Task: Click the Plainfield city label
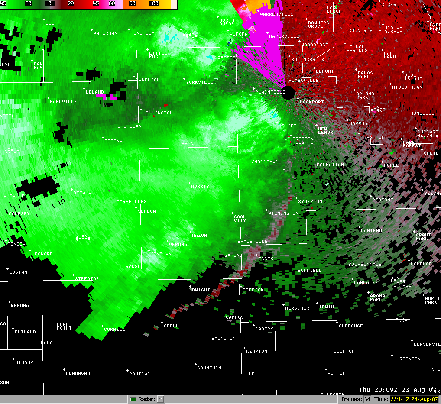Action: pos(270,92)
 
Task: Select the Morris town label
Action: pos(201,187)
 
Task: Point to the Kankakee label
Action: pos(366,283)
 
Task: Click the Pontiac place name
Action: pos(139,374)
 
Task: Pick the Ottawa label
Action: pos(82,193)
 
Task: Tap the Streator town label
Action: pos(87,279)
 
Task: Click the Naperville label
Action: pos(284,36)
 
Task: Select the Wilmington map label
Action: pos(283,213)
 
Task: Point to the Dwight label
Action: pos(201,290)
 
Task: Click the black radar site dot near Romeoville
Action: pos(289,92)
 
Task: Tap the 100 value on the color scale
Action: pos(153,3)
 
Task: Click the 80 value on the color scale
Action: pos(132,3)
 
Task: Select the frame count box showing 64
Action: pos(367,399)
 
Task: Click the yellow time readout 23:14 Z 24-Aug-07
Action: pos(414,399)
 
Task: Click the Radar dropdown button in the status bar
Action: pos(160,399)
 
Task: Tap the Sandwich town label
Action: pos(148,80)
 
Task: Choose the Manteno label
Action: pos(372,231)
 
